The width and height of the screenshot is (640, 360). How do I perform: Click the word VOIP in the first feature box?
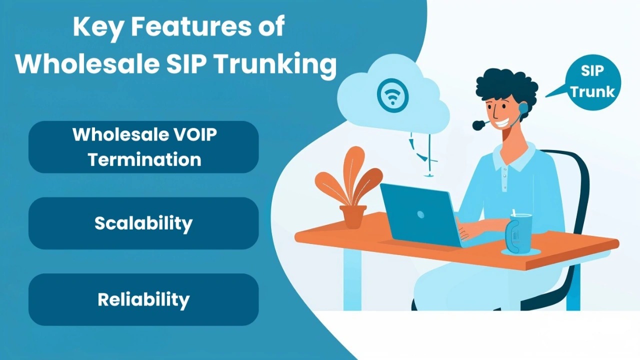[x=195, y=134]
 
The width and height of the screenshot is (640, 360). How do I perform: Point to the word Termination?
[x=144, y=159]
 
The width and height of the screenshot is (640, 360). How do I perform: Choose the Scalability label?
[x=143, y=223]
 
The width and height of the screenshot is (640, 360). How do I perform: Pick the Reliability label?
[x=143, y=299]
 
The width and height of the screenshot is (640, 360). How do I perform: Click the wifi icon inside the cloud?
[x=392, y=95]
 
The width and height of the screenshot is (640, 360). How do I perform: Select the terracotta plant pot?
[x=353, y=216]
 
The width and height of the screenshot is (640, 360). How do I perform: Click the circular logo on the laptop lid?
[x=420, y=214]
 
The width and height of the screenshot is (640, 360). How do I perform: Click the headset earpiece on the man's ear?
[x=523, y=108]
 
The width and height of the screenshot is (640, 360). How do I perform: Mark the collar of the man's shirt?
[x=514, y=156]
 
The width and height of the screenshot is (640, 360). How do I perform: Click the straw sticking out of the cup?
[x=513, y=213]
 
